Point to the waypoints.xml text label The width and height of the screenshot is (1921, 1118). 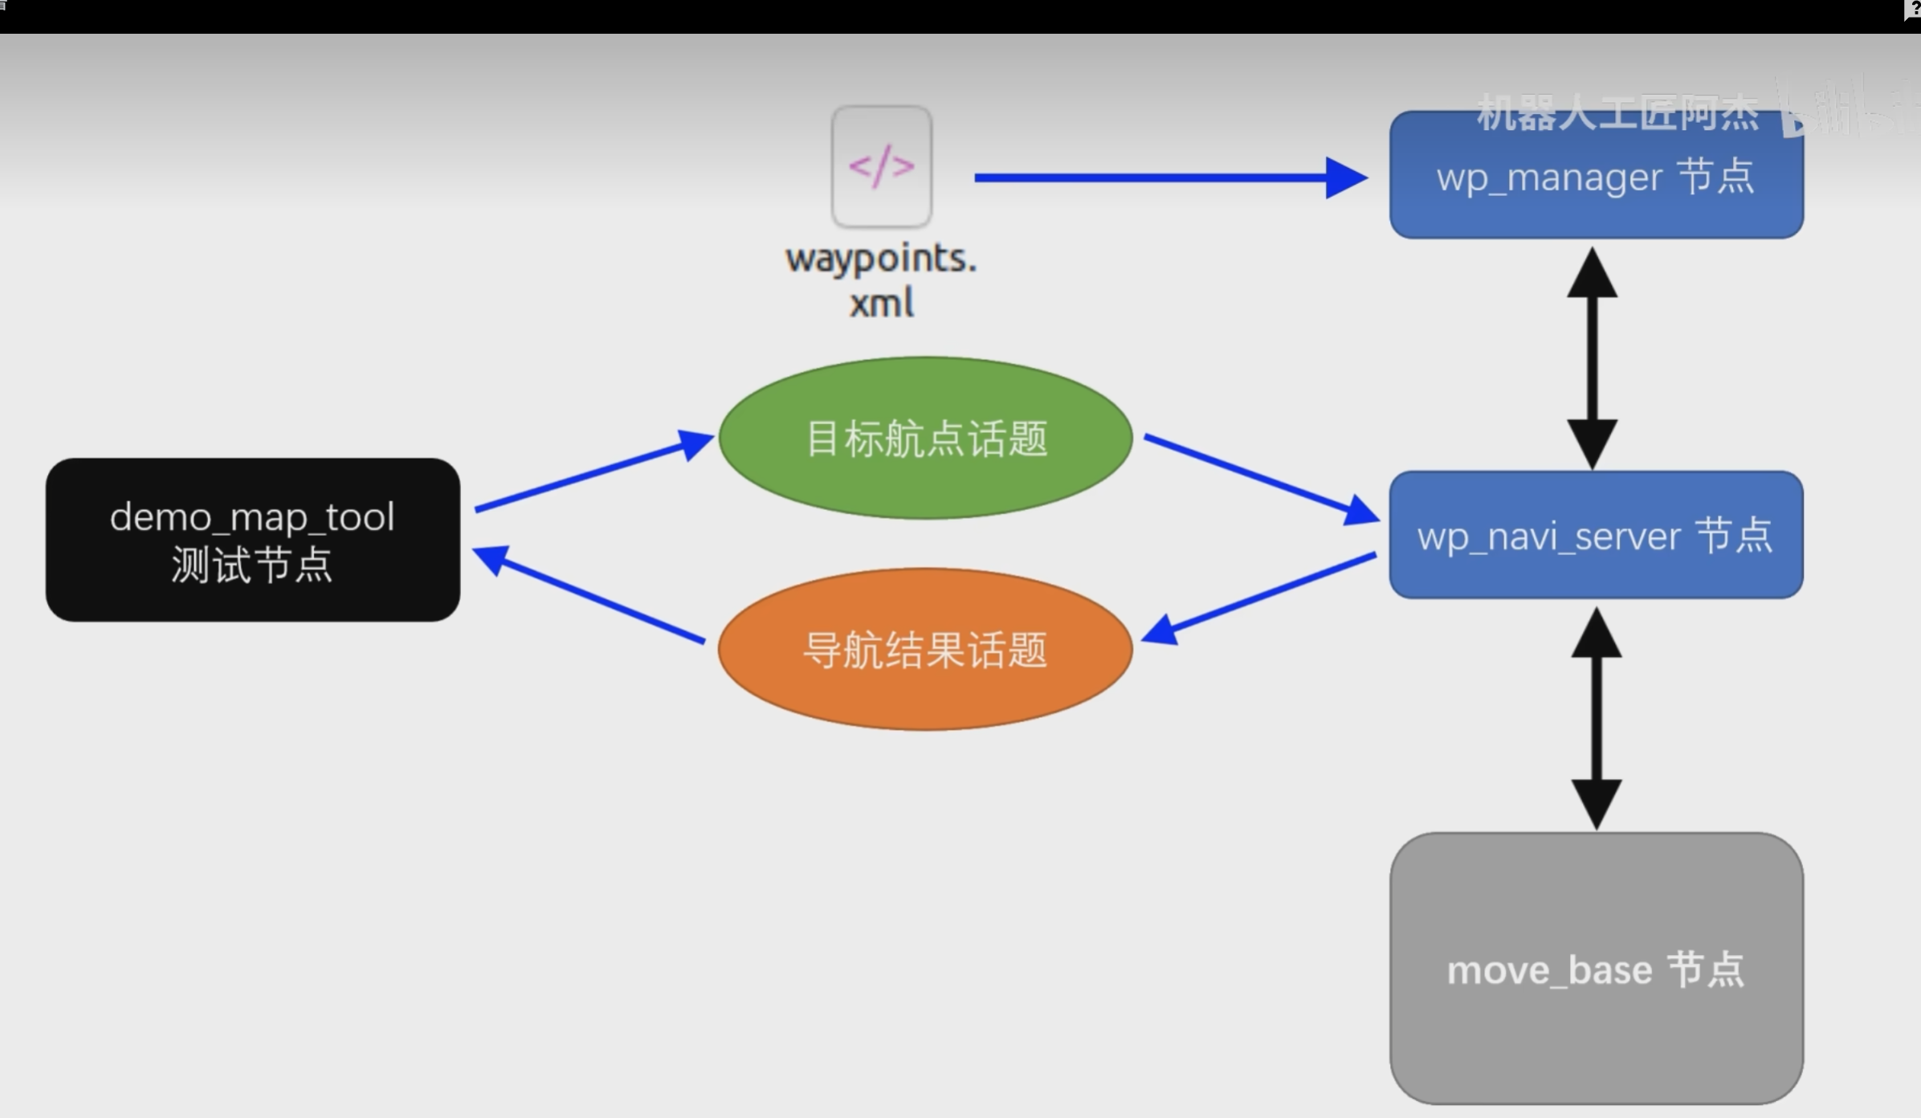pyautogui.click(x=881, y=280)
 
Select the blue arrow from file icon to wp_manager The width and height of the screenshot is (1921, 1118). pyautogui.click(x=1164, y=177)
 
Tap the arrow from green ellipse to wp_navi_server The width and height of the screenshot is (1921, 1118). pyautogui.click(x=1261, y=478)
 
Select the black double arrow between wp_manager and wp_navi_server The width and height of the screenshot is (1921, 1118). pyautogui.click(x=1592, y=358)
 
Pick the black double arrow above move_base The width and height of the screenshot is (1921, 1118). pyautogui.click(x=1596, y=718)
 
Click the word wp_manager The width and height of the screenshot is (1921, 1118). pyautogui.click(x=1549, y=177)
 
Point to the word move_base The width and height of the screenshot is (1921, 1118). pyautogui.click(x=1549, y=970)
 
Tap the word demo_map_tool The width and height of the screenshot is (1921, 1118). pyautogui.click(x=252, y=517)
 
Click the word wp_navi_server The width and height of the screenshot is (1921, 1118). pyautogui.click(x=1548, y=537)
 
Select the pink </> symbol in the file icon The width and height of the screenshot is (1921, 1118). pyautogui.click(x=881, y=166)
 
